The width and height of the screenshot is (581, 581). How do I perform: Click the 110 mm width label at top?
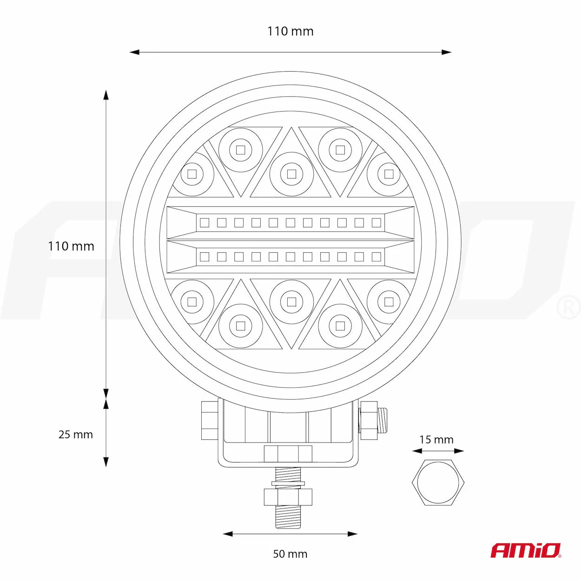coord(290,31)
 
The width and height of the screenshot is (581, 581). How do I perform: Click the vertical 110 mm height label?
coord(71,246)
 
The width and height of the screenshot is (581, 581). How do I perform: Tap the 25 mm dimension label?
coord(76,435)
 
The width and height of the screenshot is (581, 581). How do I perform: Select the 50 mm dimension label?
coord(290,554)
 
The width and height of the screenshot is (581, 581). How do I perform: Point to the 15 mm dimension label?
coord(436,440)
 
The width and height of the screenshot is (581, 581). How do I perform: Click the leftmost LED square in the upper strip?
coord(205,223)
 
